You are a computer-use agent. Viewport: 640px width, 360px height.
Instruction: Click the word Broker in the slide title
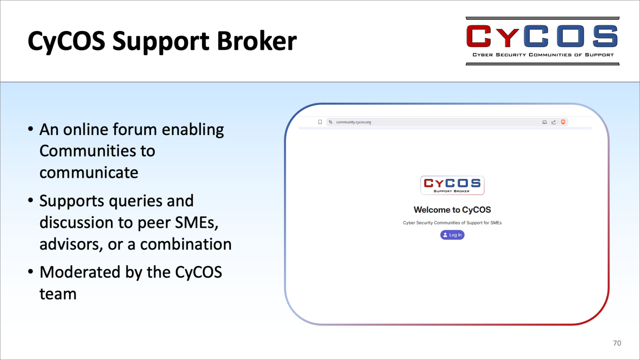[x=257, y=41]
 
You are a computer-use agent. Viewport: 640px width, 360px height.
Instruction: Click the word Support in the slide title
[x=161, y=42]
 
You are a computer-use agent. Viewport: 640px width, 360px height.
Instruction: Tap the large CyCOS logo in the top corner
[x=543, y=41]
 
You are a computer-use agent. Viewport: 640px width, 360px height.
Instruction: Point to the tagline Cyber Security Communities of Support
[x=543, y=55]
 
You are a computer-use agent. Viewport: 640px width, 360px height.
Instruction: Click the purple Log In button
[x=452, y=235]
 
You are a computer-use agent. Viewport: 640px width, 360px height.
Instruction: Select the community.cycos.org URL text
[x=353, y=122]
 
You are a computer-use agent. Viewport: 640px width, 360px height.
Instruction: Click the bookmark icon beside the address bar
[x=320, y=122]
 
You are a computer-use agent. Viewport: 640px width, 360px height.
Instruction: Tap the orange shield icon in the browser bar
[x=563, y=122]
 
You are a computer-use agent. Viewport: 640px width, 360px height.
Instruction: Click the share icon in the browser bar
[x=553, y=122]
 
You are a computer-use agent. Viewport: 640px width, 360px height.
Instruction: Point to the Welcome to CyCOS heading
[x=452, y=210]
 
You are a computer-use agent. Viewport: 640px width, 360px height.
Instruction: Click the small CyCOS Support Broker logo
[x=452, y=185]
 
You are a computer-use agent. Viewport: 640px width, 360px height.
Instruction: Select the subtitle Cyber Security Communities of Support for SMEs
[x=452, y=223]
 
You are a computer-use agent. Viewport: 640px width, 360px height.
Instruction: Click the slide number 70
[x=617, y=343]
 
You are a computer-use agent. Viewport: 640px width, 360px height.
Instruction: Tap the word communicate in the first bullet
[x=89, y=172]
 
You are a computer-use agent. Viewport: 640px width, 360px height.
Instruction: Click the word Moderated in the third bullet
[x=80, y=272]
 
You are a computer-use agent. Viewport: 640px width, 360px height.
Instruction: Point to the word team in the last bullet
[x=58, y=294]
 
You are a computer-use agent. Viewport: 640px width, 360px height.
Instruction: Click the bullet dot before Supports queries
[x=30, y=201]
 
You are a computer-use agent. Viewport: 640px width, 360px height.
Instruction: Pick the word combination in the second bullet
[x=186, y=244]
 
